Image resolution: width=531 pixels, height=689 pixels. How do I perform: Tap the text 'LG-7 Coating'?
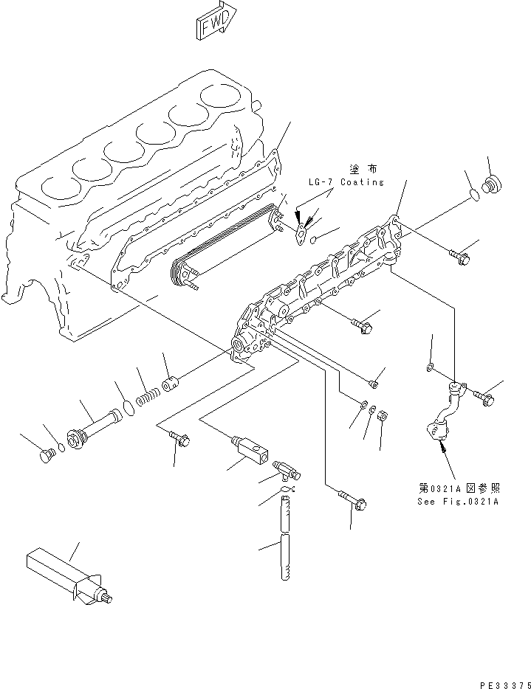click(x=346, y=181)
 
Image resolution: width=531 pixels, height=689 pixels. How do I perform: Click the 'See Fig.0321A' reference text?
click(x=459, y=501)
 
